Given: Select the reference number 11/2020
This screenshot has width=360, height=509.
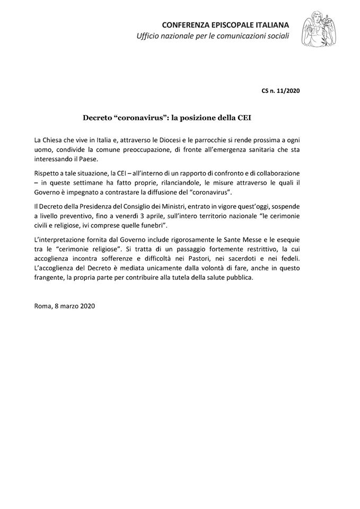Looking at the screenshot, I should point(289,91).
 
